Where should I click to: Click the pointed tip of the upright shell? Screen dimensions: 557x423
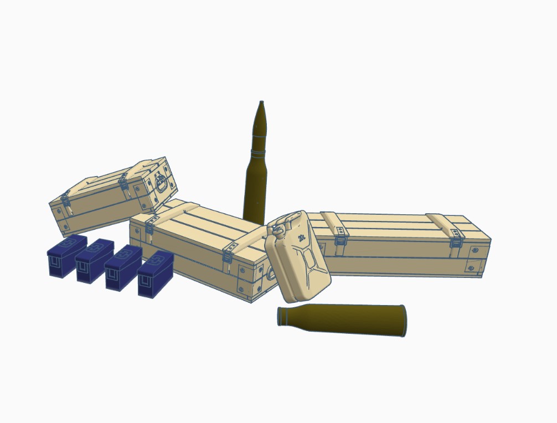click(261, 102)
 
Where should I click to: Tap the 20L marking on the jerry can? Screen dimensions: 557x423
click(302, 238)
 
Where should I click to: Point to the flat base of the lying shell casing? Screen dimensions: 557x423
click(404, 321)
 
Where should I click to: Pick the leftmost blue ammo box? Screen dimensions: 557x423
click(66, 255)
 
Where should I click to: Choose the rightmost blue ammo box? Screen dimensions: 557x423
click(156, 274)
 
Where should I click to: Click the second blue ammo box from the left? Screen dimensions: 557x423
click(94, 261)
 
